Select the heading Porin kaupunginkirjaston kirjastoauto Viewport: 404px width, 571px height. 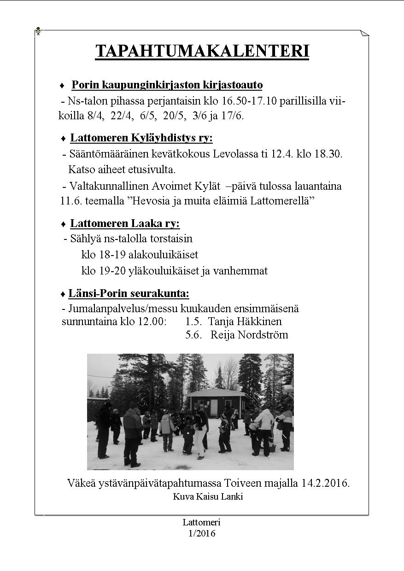point(167,85)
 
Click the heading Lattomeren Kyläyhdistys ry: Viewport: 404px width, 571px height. point(141,138)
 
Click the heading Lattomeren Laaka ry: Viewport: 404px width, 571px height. point(125,224)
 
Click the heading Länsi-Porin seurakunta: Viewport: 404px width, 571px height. point(129,294)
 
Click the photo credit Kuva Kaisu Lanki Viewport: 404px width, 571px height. point(208,497)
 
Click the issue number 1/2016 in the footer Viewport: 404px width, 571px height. point(202,534)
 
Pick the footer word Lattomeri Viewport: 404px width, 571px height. point(202,522)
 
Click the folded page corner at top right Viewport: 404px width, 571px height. point(364,34)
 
